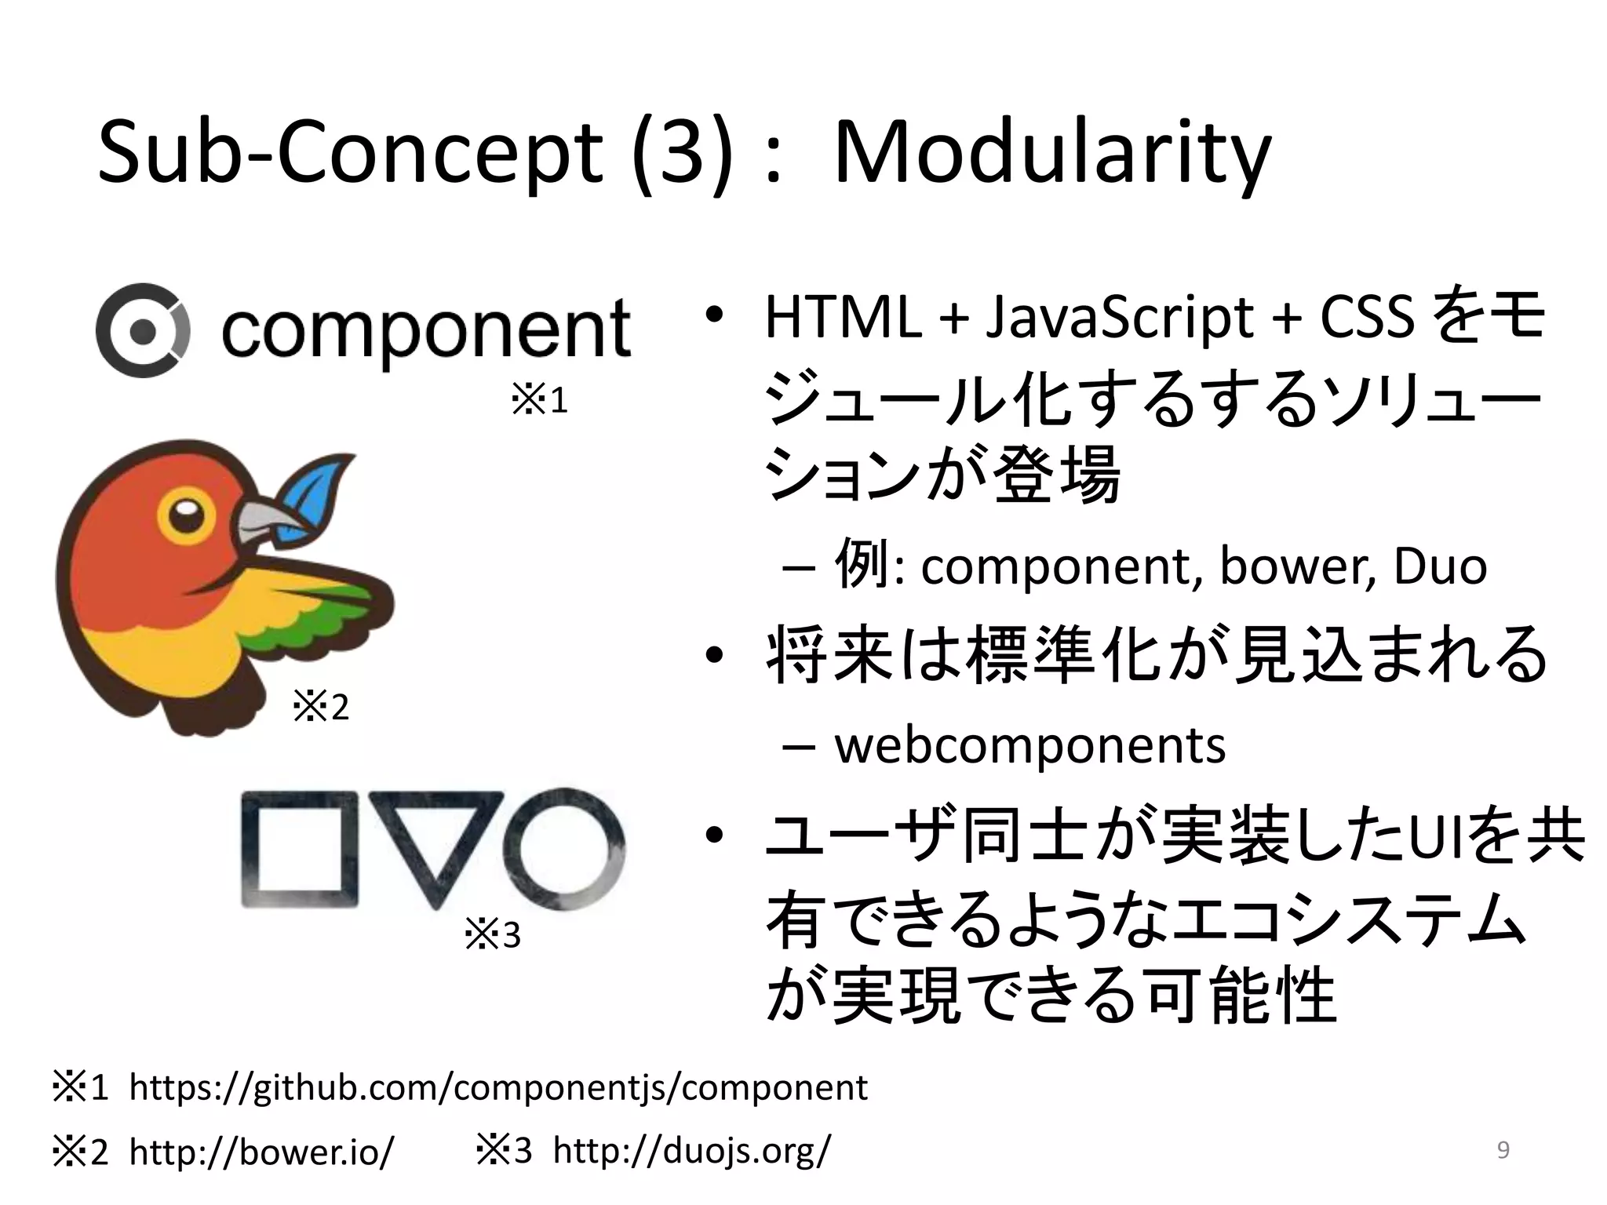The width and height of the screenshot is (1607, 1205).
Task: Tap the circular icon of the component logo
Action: point(142,331)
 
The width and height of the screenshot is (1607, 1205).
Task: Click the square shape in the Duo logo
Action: point(299,850)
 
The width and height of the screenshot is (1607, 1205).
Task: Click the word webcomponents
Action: point(1029,745)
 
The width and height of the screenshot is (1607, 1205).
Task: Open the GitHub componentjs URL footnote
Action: point(497,1087)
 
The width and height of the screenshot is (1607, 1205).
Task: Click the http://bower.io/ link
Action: point(261,1152)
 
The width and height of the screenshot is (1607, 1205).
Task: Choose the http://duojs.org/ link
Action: point(691,1151)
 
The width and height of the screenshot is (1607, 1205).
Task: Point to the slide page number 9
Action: point(1503,1150)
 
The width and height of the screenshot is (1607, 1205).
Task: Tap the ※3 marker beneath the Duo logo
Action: point(493,935)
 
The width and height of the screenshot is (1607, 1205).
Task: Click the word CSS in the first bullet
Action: point(1367,318)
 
